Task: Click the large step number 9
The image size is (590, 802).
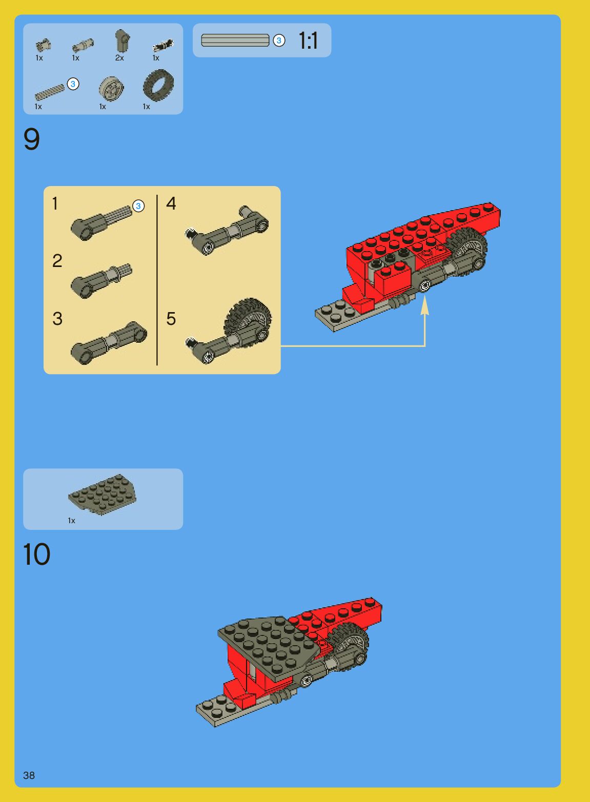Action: tap(31, 139)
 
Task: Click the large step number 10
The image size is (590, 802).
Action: tap(36, 554)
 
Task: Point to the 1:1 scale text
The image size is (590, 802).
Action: tap(308, 40)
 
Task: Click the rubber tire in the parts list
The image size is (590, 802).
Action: tap(158, 85)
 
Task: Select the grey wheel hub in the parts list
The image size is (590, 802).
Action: tap(111, 88)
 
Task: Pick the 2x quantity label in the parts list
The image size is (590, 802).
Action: tap(119, 58)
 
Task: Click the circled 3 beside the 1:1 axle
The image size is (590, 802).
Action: tap(279, 40)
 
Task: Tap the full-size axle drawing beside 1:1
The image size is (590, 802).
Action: tap(235, 40)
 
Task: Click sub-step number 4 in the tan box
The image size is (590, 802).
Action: tap(171, 203)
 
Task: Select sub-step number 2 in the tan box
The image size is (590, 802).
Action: tap(57, 261)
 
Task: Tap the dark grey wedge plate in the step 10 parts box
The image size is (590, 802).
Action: tap(102, 494)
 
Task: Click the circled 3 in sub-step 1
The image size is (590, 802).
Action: tap(138, 206)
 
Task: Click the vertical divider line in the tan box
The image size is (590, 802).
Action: tap(157, 280)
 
